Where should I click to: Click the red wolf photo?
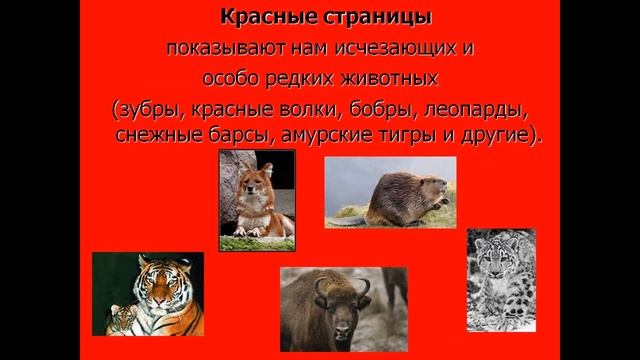coord(257,206)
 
